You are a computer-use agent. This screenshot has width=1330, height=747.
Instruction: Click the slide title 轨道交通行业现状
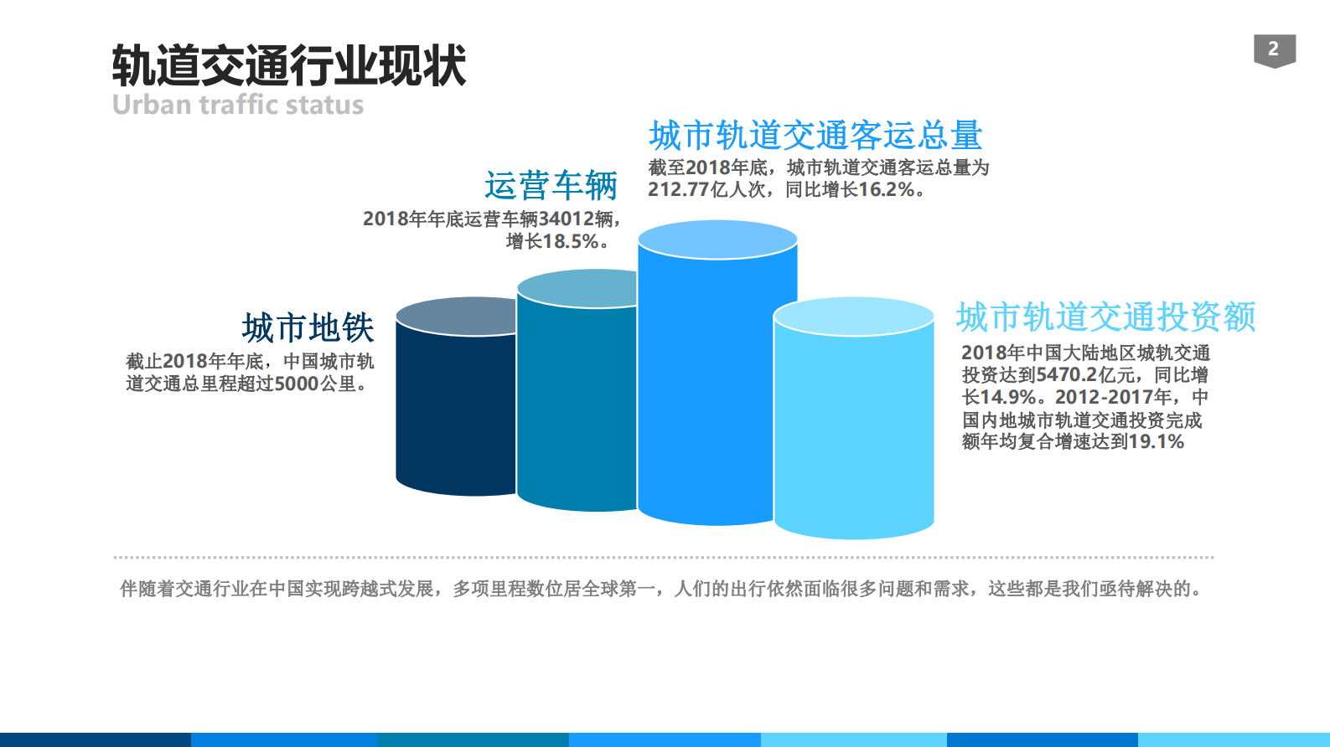[x=288, y=66]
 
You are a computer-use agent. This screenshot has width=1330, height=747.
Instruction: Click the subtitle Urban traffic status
[x=238, y=105]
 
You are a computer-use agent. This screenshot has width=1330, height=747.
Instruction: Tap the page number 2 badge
[x=1274, y=49]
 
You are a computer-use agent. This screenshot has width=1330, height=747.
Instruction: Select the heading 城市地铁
[x=308, y=327]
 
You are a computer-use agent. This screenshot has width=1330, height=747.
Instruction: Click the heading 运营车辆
[x=551, y=185]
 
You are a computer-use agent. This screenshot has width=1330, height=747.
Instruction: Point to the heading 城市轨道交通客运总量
[x=815, y=135]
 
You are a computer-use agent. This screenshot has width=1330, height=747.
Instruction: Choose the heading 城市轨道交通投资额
[x=1105, y=317]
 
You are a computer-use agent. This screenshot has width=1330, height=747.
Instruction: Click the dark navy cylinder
[x=453, y=410]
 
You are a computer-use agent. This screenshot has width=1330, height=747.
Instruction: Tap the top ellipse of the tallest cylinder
[x=717, y=240]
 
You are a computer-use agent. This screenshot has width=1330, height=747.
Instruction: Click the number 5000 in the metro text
[x=297, y=384]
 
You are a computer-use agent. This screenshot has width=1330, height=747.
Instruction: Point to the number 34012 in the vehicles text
[x=566, y=219]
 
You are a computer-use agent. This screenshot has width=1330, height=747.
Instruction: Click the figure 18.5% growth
[x=571, y=242]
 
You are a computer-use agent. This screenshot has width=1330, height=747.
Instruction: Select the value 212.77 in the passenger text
[x=678, y=190]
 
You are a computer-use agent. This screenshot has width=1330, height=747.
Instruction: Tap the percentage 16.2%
[x=886, y=190]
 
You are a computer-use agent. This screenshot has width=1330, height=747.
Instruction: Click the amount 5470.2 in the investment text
[x=1066, y=375]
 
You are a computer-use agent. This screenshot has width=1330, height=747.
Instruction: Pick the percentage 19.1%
[x=1156, y=442]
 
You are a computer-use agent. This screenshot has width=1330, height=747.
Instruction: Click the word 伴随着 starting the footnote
[x=147, y=589]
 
